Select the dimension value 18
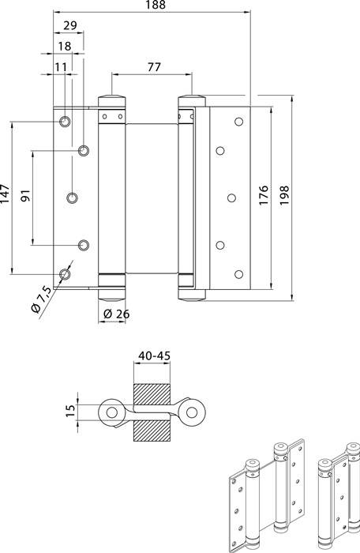(x=65, y=47)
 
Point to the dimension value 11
(x=61, y=67)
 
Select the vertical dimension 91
(x=25, y=196)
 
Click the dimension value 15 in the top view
(x=70, y=412)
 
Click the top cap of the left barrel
(x=111, y=100)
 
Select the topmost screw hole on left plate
(x=65, y=122)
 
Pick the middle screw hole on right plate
(x=234, y=197)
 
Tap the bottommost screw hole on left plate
(x=65, y=274)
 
